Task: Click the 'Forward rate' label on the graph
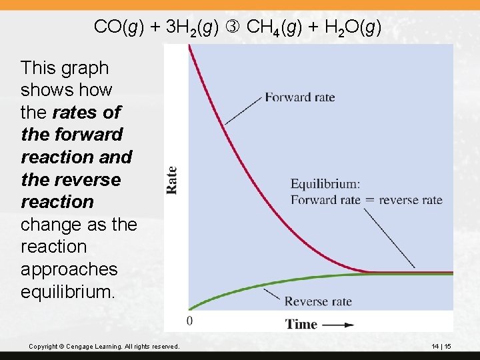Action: click(x=300, y=97)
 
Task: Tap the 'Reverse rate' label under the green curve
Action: click(x=318, y=302)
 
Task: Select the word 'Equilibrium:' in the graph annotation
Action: click(x=325, y=184)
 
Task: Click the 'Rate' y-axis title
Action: click(x=172, y=180)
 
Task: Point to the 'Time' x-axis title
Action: click(x=301, y=325)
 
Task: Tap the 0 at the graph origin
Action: click(x=190, y=321)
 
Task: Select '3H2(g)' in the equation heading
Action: click(x=192, y=27)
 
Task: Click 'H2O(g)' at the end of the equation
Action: click(x=349, y=27)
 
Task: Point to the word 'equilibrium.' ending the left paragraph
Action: click(x=69, y=292)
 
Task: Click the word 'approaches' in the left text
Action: click(x=69, y=269)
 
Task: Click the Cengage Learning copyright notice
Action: click(x=105, y=347)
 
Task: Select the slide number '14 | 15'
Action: click(x=441, y=347)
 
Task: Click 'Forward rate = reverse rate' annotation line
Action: click(x=366, y=199)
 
